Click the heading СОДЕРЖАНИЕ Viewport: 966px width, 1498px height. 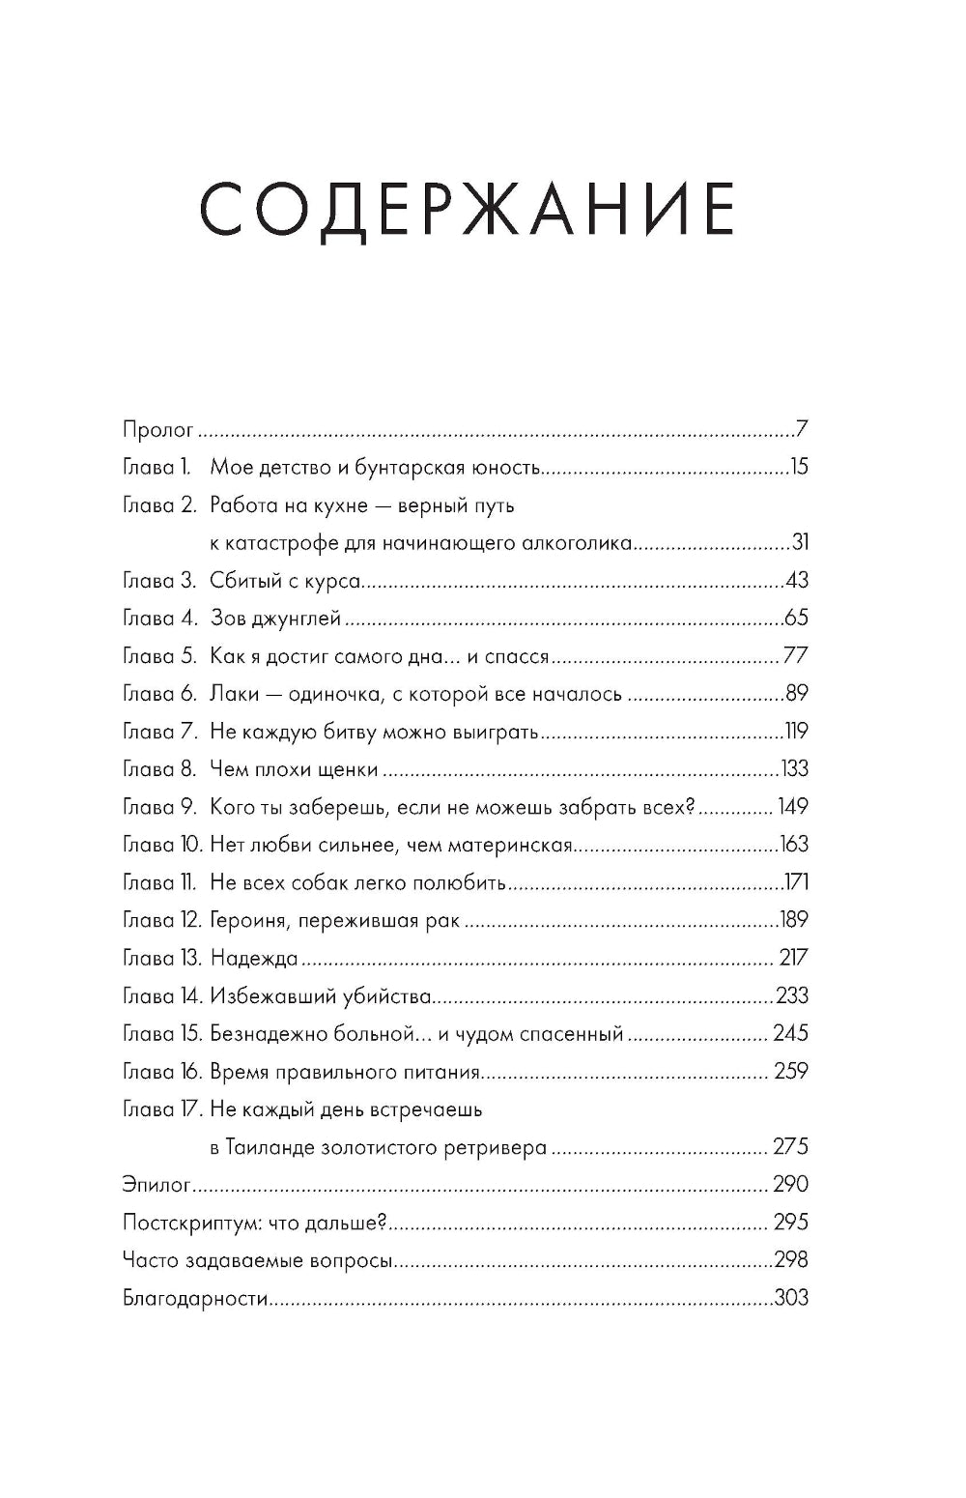[x=468, y=209]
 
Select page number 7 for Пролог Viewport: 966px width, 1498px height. [x=802, y=429]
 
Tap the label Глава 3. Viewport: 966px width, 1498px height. [x=160, y=581]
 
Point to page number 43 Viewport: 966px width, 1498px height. [x=796, y=581]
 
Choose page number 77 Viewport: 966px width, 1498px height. [x=795, y=656]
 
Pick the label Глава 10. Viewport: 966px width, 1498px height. [x=162, y=845]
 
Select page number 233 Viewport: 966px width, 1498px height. [x=792, y=996]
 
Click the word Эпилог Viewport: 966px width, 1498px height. [x=156, y=1186]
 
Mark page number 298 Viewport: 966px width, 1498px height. [x=791, y=1260]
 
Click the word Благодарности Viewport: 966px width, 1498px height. [x=195, y=1299]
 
